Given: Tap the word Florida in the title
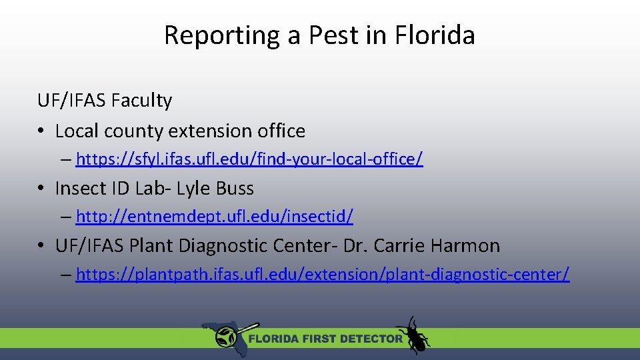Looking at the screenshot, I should (x=435, y=35).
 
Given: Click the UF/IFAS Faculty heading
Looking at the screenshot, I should (x=105, y=101).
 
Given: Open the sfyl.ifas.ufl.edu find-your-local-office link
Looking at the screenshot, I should (x=249, y=159).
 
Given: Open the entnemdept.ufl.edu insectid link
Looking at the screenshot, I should (x=215, y=217).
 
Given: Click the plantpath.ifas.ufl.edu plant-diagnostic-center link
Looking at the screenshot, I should (x=323, y=274).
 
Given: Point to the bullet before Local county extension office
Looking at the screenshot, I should (x=42, y=131).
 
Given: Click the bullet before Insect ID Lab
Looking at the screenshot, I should (x=42, y=189).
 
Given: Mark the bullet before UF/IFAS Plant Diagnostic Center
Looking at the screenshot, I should (x=42, y=247).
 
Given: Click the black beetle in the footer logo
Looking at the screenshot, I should (x=413, y=335).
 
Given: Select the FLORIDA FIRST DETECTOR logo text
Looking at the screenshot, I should (x=325, y=339).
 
